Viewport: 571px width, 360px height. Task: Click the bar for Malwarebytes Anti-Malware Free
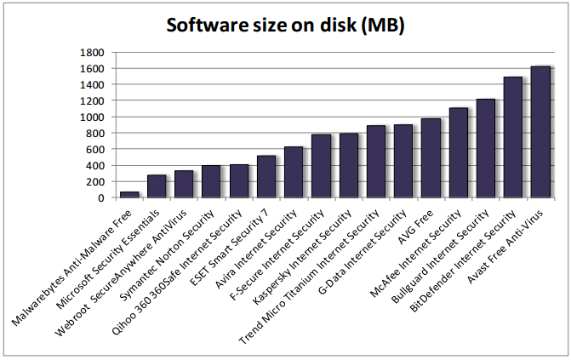click(x=129, y=195)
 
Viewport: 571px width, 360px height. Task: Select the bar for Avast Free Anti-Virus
click(x=540, y=132)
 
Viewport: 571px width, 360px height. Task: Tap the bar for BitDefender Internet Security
click(x=513, y=137)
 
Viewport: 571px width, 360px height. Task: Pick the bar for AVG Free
click(x=431, y=158)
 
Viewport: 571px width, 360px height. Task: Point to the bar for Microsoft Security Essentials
click(x=157, y=186)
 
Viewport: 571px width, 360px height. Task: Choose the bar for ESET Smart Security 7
click(x=266, y=177)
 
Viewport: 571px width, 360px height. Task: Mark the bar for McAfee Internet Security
click(x=458, y=153)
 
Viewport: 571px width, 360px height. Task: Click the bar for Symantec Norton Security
click(x=211, y=181)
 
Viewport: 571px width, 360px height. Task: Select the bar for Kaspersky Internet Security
click(x=348, y=166)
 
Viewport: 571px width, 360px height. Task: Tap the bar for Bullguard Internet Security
click(x=485, y=149)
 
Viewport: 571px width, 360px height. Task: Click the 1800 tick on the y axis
click(x=91, y=53)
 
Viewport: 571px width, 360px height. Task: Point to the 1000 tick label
click(x=91, y=117)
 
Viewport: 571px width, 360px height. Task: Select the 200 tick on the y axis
click(x=95, y=182)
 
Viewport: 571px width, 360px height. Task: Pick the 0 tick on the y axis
click(x=101, y=198)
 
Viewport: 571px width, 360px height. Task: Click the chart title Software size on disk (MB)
click(x=285, y=26)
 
